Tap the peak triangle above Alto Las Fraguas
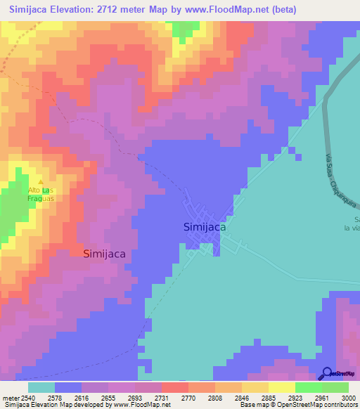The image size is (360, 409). (40, 182)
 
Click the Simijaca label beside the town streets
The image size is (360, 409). (204, 227)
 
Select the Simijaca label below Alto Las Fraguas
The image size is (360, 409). (105, 254)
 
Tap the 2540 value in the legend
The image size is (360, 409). (28, 398)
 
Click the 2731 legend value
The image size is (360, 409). (162, 398)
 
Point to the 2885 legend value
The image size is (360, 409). (269, 398)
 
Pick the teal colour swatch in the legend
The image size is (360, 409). (41, 387)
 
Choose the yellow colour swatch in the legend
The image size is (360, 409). (281, 387)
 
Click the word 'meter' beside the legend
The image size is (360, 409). (9, 398)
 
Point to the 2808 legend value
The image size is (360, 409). (215, 398)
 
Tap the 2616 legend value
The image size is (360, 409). (82, 398)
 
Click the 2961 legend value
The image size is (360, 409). (322, 398)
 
